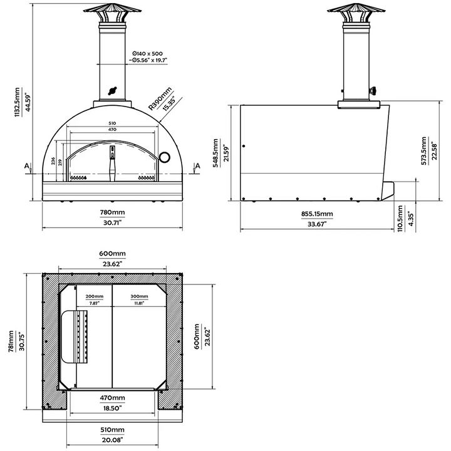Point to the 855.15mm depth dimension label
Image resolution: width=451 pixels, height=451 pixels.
316,214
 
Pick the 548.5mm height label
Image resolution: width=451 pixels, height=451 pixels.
217,152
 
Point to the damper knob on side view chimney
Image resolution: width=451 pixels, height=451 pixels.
374,91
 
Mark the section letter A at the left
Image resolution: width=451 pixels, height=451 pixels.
27,166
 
